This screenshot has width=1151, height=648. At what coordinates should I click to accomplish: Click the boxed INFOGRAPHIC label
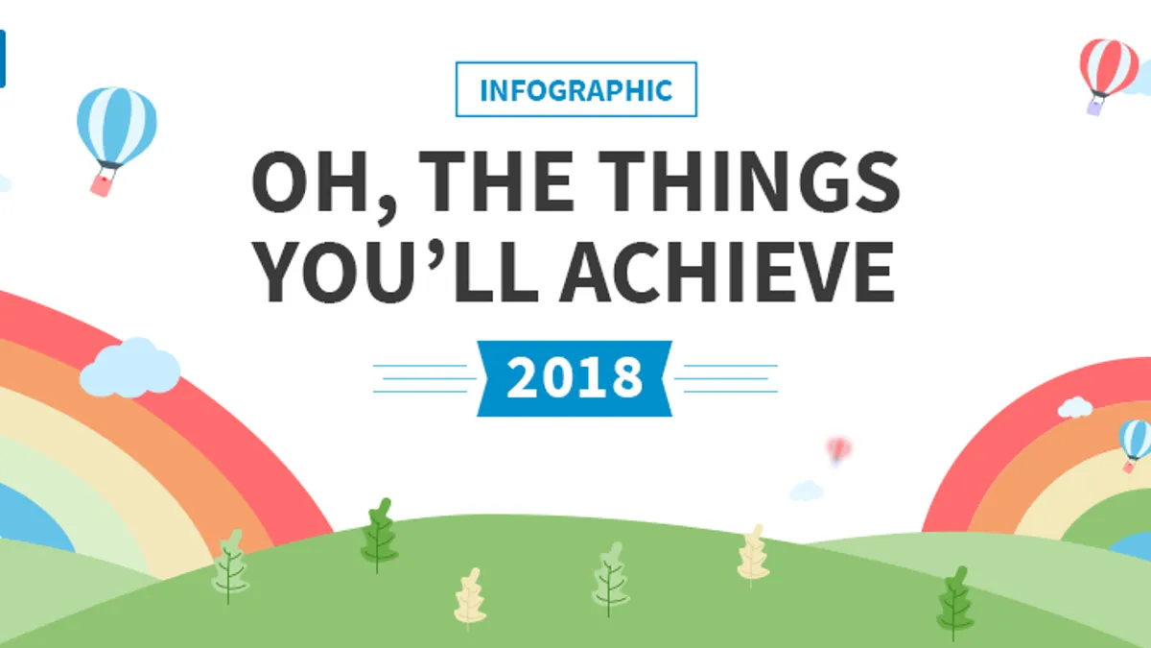click(576, 89)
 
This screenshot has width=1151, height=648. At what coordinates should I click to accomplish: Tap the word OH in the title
click(311, 181)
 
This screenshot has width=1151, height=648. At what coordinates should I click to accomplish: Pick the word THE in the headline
click(497, 181)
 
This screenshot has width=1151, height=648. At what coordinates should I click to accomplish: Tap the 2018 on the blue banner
click(575, 378)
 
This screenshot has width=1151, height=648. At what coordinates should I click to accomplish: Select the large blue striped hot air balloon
click(117, 141)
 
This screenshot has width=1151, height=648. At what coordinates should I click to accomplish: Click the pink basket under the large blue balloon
click(102, 184)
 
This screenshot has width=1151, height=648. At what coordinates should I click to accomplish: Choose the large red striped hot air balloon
click(1108, 76)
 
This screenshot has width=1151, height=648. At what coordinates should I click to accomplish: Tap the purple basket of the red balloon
click(1095, 107)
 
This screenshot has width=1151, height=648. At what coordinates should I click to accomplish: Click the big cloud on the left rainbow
click(130, 369)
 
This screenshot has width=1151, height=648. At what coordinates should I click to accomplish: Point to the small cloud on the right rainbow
click(1074, 407)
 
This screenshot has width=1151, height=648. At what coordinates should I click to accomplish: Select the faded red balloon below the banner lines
click(838, 451)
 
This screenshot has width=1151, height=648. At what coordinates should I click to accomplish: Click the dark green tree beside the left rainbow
click(379, 535)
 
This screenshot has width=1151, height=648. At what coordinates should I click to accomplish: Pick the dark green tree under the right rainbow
click(954, 603)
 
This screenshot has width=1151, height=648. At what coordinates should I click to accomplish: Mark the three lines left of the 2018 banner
click(424, 378)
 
